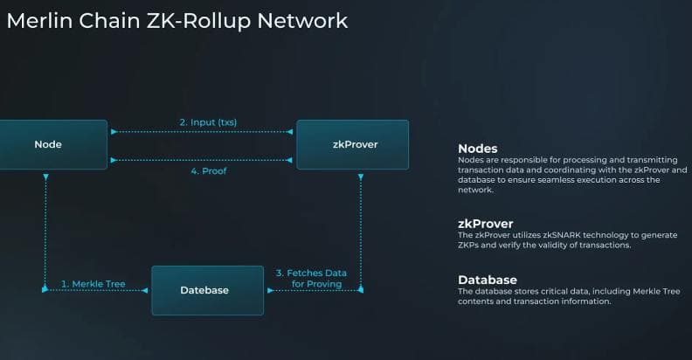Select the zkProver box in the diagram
(x=352, y=144)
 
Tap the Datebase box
(x=207, y=290)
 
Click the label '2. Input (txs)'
(x=208, y=121)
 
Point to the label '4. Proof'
(x=208, y=171)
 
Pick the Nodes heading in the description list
(x=478, y=149)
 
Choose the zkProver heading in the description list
(x=485, y=224)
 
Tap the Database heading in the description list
(x=488, y=280)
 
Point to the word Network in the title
(x=306, y=20)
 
